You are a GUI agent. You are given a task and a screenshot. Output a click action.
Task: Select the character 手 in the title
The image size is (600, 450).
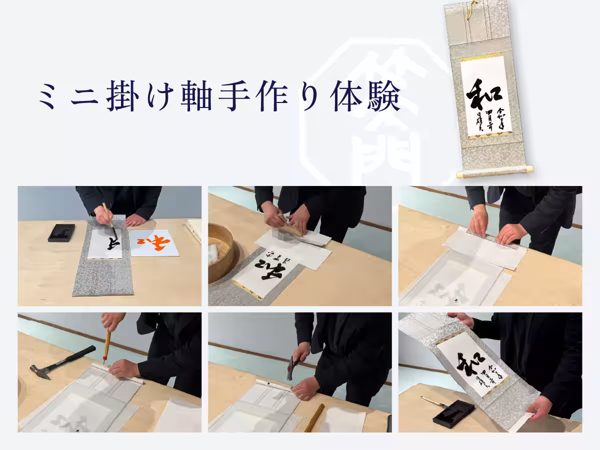(x=232, y=97)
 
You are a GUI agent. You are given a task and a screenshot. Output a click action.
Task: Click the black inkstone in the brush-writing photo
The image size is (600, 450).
(x=61, y=232)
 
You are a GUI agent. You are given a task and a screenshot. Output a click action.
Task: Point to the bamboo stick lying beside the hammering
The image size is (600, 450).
(x=314, y=417)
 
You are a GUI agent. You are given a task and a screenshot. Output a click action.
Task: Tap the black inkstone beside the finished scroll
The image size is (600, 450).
(x=453, y=413)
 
